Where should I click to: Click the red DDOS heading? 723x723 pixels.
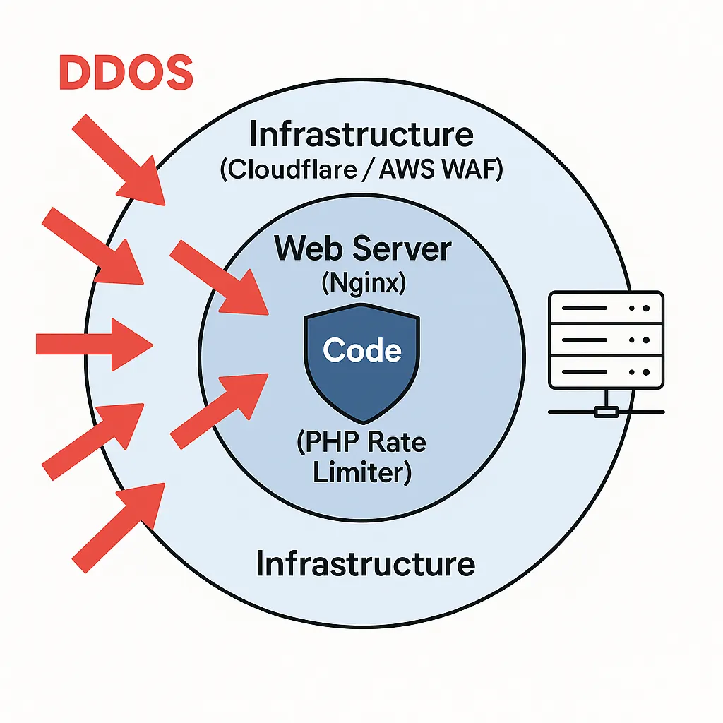[x=126, y=73]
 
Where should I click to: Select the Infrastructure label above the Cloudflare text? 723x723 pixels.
[x=361, y=134]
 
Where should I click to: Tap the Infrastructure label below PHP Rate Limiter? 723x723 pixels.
[x=365, y=563]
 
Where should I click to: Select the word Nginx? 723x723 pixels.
[x=362, y=284]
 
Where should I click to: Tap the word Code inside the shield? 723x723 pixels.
[x=362, y=350]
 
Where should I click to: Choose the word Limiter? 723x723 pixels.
[x=362, y=472]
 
